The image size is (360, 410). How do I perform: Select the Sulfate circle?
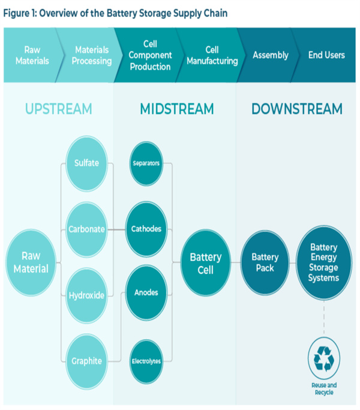[86, 163]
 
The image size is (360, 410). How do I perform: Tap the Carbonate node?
[86, 229]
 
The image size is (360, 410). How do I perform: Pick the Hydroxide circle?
[86, 295]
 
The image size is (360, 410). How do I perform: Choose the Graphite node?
[86, 361]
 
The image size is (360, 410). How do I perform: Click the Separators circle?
[146, 163]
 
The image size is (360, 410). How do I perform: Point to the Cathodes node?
[146, 229]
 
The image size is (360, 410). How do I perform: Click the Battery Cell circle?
[205, 263]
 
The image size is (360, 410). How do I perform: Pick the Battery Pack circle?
[265, 263]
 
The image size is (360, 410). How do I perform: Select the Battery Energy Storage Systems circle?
[323, 263]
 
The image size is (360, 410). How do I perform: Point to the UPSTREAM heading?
[58, 109]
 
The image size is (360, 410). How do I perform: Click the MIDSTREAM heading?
[176, 109]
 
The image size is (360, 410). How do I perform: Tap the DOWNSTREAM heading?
[296, 109]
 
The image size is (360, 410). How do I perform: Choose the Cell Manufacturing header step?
[212, 55]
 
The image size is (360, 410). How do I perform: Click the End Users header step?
[326, 55]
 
